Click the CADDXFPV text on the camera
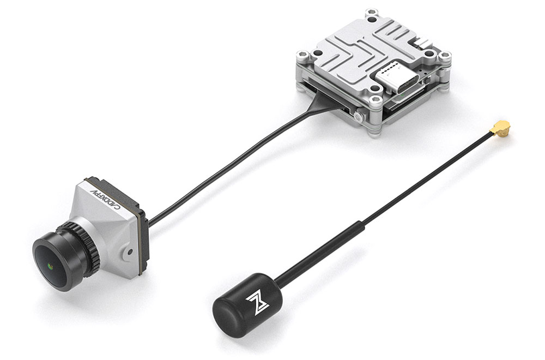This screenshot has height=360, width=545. click(105, 200)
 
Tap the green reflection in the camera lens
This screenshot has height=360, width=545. click(50, 267)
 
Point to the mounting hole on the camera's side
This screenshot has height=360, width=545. click(130, 251)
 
